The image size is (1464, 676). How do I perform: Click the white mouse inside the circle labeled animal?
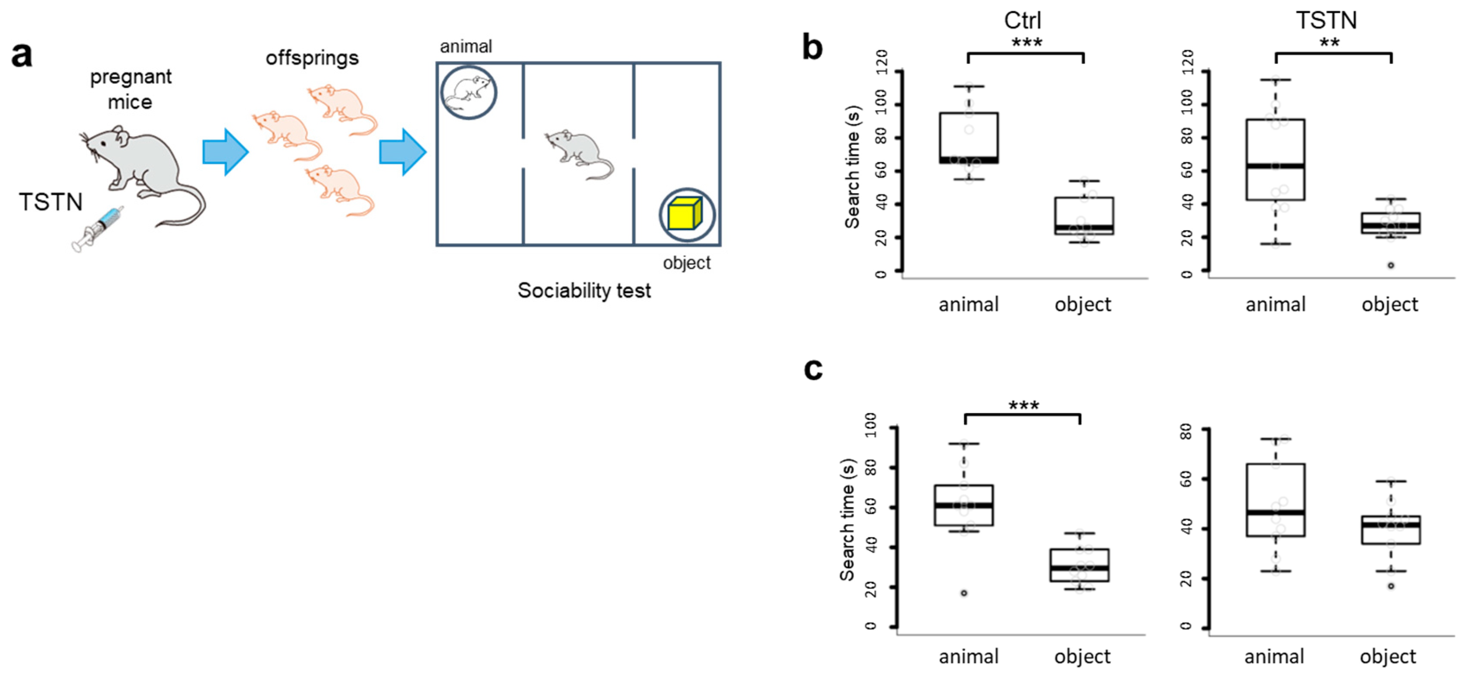(x=467, y=93)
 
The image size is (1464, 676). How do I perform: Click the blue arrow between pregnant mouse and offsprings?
(x=225, y=152)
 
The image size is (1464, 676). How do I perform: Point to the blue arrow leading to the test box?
(x=402, y=152)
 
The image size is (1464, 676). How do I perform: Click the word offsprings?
(x=312, y=58)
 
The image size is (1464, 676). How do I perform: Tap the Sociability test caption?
(x=584, y=291)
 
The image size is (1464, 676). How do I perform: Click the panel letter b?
(x=812, y=48)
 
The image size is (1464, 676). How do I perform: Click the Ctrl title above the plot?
(x=1022, y=20)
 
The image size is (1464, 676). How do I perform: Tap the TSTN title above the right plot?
(x=1326, y=20)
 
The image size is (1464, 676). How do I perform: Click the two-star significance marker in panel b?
(x=1329, y=43)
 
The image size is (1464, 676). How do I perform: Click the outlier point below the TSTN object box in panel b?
(x=1391, y=266)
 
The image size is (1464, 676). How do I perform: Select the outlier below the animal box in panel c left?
(x=964, y=593)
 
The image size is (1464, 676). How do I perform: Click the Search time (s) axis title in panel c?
(x=848, y=519)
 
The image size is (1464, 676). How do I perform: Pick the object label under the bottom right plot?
(x=1387, y=657)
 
